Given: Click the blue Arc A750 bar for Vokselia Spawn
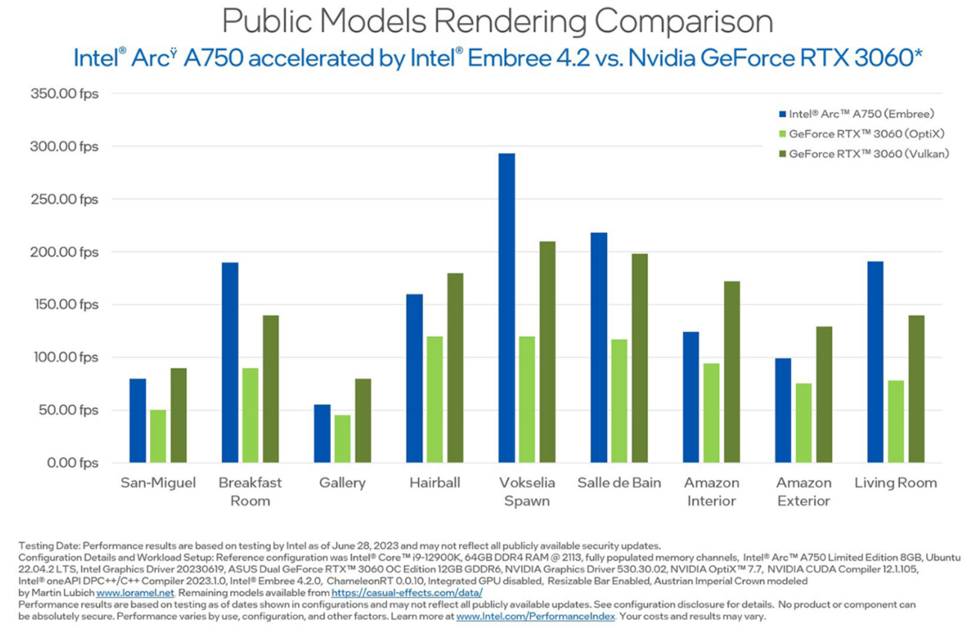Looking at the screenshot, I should click(506, 308).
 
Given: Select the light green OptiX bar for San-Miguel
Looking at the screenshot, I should click(158, 436).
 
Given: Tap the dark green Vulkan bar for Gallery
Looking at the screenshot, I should click(363, 421).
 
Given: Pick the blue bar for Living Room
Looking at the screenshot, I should click(875, 362).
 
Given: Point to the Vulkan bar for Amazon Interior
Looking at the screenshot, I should click(732, 372).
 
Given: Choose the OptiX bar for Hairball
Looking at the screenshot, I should click(435, 400).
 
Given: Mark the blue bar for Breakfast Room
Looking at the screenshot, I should click(230, 363).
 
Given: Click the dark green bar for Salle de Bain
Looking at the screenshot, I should click(640, 358).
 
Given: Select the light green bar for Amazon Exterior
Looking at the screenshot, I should click(803, 423).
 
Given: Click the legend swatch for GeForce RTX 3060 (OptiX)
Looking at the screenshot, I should click(782, 134).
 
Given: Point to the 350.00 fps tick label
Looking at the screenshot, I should click(64, 94).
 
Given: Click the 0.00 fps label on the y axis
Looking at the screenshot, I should click(72, 463).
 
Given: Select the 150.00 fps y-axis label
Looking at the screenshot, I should click(64, 305).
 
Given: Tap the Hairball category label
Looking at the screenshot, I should click(435, 483).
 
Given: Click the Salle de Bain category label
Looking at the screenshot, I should click(619, 483).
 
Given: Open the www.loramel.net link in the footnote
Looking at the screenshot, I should click(135, 593).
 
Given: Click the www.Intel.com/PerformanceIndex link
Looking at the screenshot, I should click(535, 617).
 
